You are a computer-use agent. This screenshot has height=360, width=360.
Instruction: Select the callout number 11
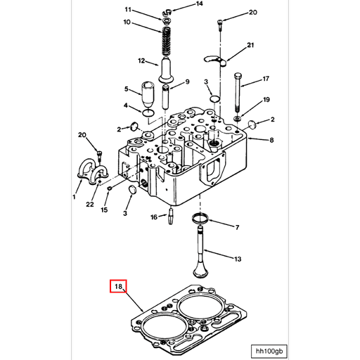[128, 10]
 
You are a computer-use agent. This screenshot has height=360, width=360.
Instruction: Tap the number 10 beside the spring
[127, 22]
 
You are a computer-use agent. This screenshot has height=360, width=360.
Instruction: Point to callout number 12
[141, 60]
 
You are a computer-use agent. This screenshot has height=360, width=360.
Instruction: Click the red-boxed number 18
[118, 287]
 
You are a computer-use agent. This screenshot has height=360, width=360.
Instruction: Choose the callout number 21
[250, 46]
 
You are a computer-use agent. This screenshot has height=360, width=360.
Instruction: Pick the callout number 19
[266, 101]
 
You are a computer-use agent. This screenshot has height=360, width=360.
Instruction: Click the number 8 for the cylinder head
[271, 141]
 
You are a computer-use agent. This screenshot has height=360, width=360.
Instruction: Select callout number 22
[90, 204]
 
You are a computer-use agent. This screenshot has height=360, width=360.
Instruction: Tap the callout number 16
[153, 217]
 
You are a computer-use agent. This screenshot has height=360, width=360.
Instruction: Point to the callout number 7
[237, 227]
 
